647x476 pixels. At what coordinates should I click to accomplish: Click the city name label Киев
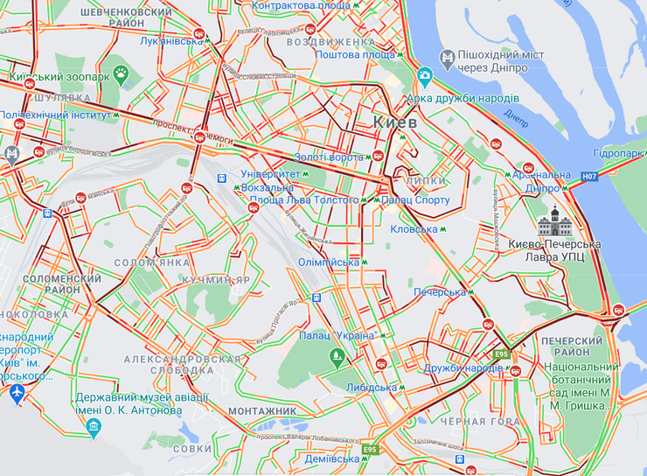(x=394, y=122)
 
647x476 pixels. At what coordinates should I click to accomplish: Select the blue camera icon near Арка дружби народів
(x=425, y=77)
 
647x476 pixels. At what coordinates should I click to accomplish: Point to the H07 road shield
(x=589, y=177)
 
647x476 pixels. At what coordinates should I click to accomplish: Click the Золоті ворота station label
(x=326, y=157)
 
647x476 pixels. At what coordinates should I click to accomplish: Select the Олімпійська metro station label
(x=330, y=262)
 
